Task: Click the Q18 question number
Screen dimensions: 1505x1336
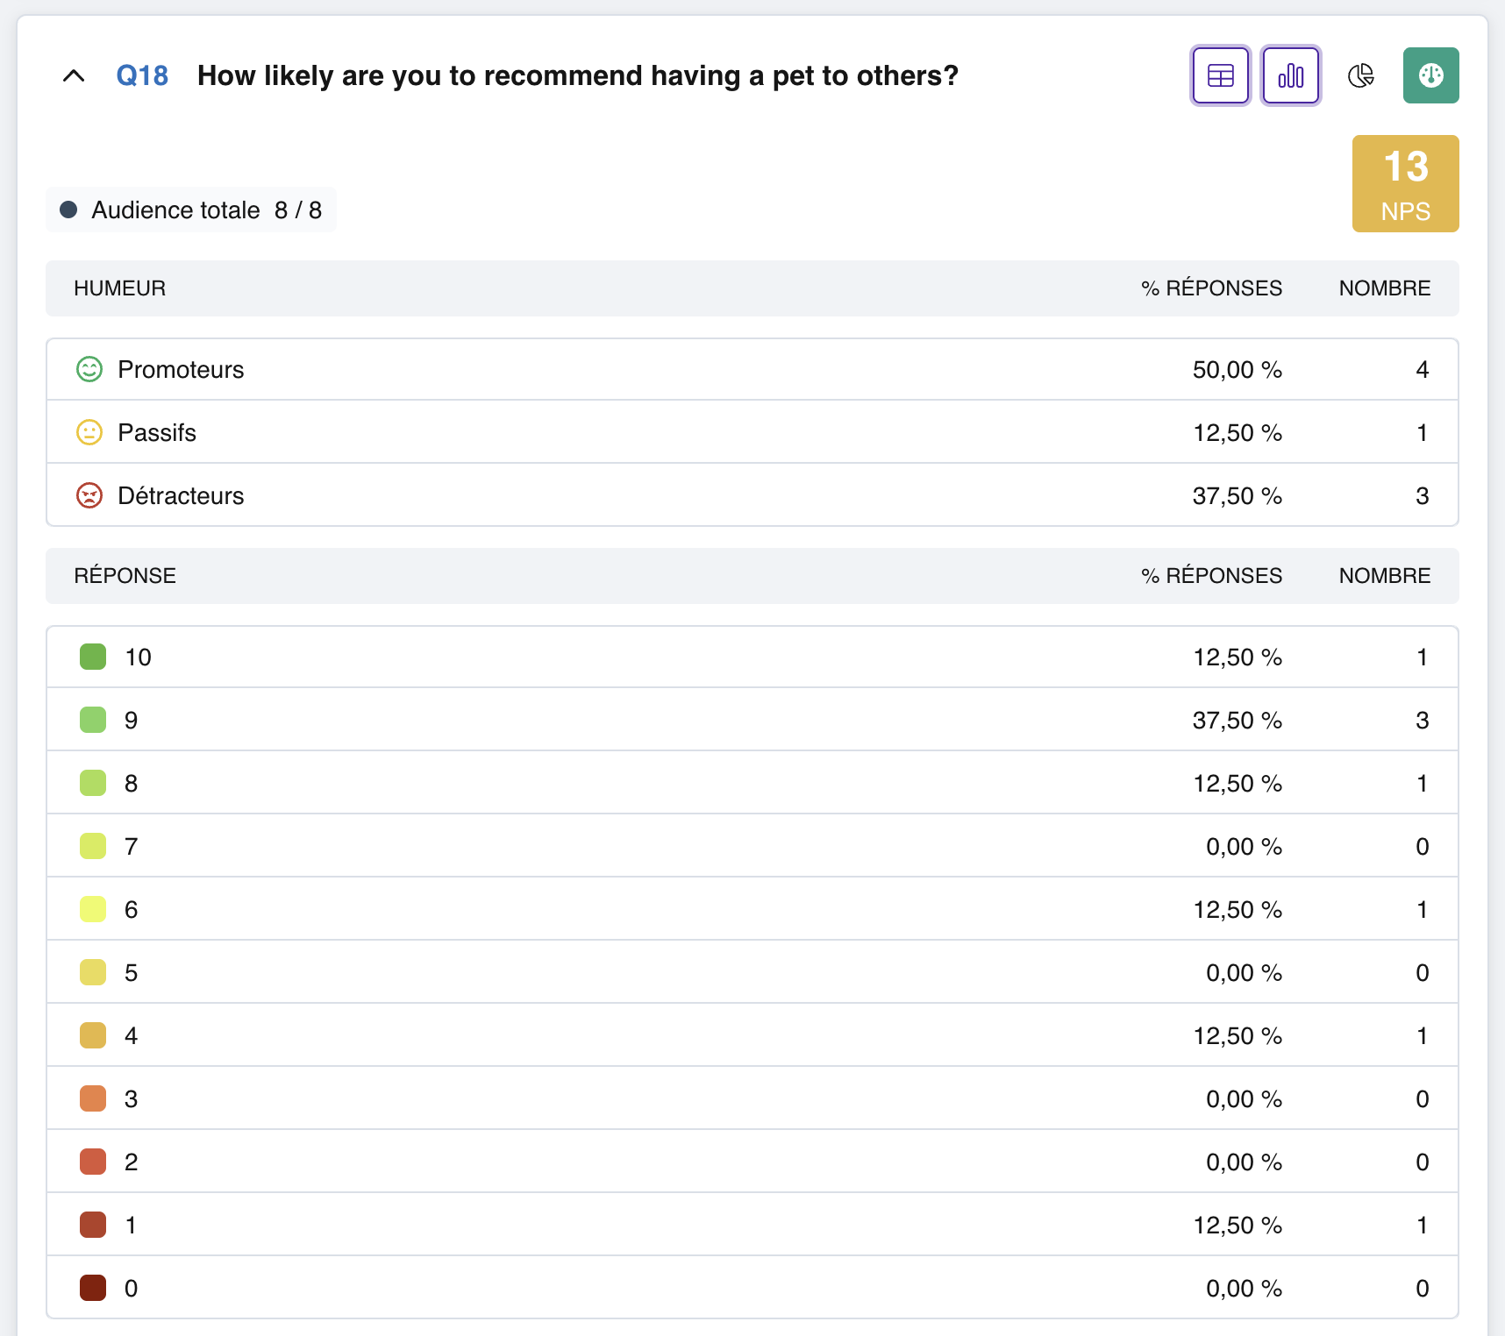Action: click(142, 75)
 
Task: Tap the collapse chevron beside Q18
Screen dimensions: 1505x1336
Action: click(74, 75)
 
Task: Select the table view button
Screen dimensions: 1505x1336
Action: click(1221, 75)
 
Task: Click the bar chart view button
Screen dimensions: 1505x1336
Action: click(1291, 75)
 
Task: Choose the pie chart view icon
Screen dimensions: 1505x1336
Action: click(1361, 75)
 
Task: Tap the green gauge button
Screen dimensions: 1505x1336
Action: click(1431, 75)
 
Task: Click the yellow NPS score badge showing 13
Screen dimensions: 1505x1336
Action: click(1406, 183)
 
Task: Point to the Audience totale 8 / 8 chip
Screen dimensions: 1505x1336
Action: click(191, 210)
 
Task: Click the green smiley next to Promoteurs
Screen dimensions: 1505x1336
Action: click(89, 369)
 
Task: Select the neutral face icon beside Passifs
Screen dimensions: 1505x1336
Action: click(89, 432)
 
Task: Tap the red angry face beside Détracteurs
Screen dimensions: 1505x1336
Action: click(89, 495)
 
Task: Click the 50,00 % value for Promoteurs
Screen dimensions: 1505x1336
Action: click(1238, 369)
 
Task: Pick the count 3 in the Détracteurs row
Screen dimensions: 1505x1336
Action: click(1423, 495)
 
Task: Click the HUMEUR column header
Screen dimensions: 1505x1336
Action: click(120, 288)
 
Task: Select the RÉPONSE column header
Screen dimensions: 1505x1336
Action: click(125, 576)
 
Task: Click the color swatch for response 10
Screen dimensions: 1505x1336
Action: click(93, 657)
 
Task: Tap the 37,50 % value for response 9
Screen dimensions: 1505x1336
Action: click(1238, 720)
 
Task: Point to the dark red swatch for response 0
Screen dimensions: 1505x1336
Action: click(93, 1288)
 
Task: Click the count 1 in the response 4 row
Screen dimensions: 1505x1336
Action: click(1423, 1035)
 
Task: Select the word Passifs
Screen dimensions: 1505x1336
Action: click(157, 432)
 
